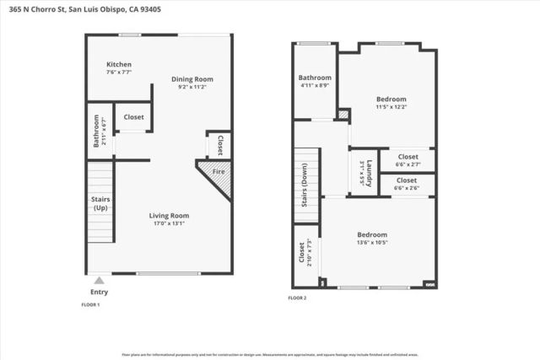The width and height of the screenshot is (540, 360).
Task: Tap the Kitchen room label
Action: click(x=118, y=65)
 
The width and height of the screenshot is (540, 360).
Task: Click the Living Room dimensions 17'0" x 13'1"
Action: click(x=169, y=223)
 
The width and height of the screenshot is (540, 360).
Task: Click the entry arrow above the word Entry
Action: click(x=100, y=281)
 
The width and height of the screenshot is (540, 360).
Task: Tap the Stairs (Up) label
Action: click(x=100, y=203)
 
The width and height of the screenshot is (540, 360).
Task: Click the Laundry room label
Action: click(x=362, y=172)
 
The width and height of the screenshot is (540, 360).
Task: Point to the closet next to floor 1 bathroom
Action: click(x=133, y=117)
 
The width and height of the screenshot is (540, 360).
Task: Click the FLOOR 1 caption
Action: click(x=90, y=304)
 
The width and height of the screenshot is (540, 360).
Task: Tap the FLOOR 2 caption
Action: click(x=297, y=298)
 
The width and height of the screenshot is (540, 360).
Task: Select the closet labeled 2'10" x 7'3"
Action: click(x=305, y=253)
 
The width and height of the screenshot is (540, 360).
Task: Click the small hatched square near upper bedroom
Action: click(x=343, y=114)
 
